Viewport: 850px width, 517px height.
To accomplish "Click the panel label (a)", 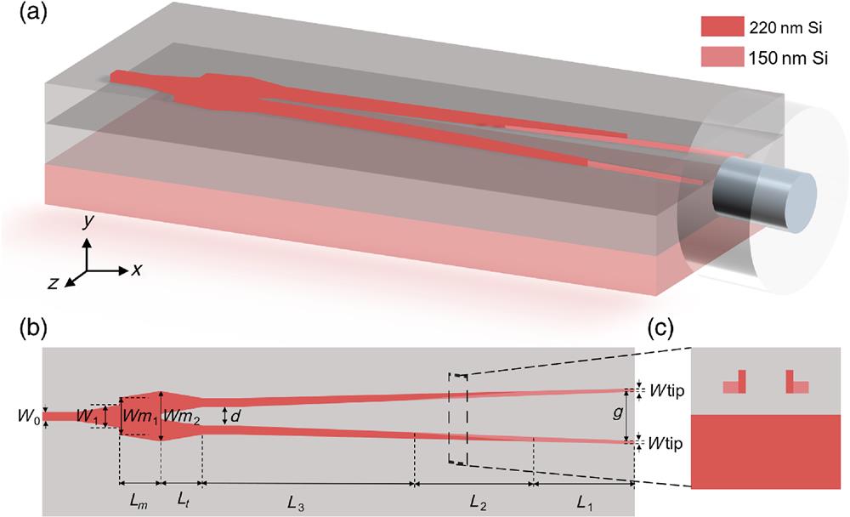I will coord(22,15).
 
